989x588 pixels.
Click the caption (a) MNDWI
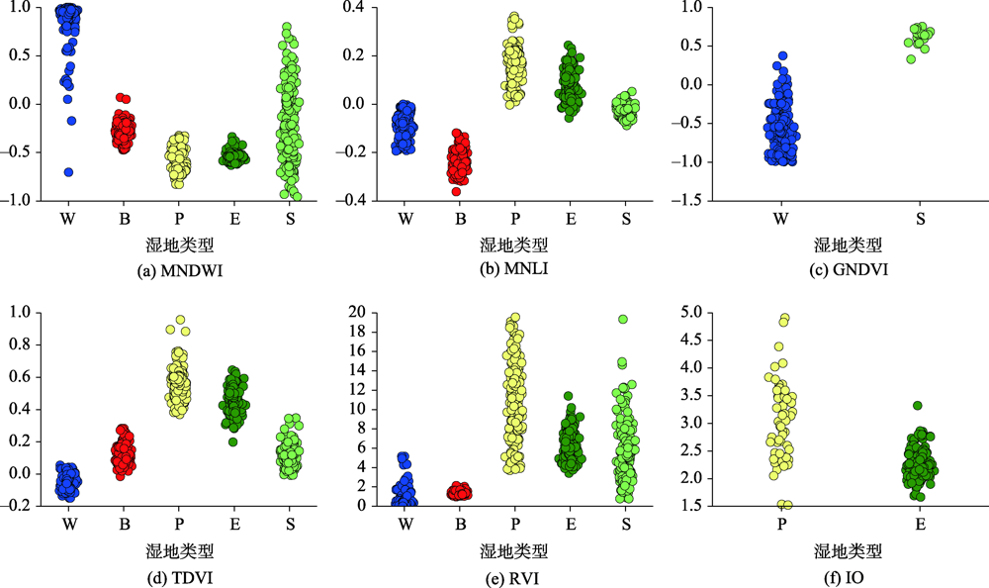180,271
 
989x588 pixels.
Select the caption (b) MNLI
513,268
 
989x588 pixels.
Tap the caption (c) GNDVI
849,269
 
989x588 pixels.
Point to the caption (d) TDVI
180,578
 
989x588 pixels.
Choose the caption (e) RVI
513,578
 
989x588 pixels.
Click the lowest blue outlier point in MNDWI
69,172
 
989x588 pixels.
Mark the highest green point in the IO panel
918,406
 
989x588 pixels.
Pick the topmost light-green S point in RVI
622,319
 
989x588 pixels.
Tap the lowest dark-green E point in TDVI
233,442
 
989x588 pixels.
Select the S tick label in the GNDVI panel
920,219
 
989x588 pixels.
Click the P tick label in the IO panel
782,525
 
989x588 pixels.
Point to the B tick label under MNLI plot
461,219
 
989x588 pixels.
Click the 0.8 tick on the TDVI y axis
20,344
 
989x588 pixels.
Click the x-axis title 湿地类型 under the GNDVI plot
848,245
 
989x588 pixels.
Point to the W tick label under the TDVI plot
69,525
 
